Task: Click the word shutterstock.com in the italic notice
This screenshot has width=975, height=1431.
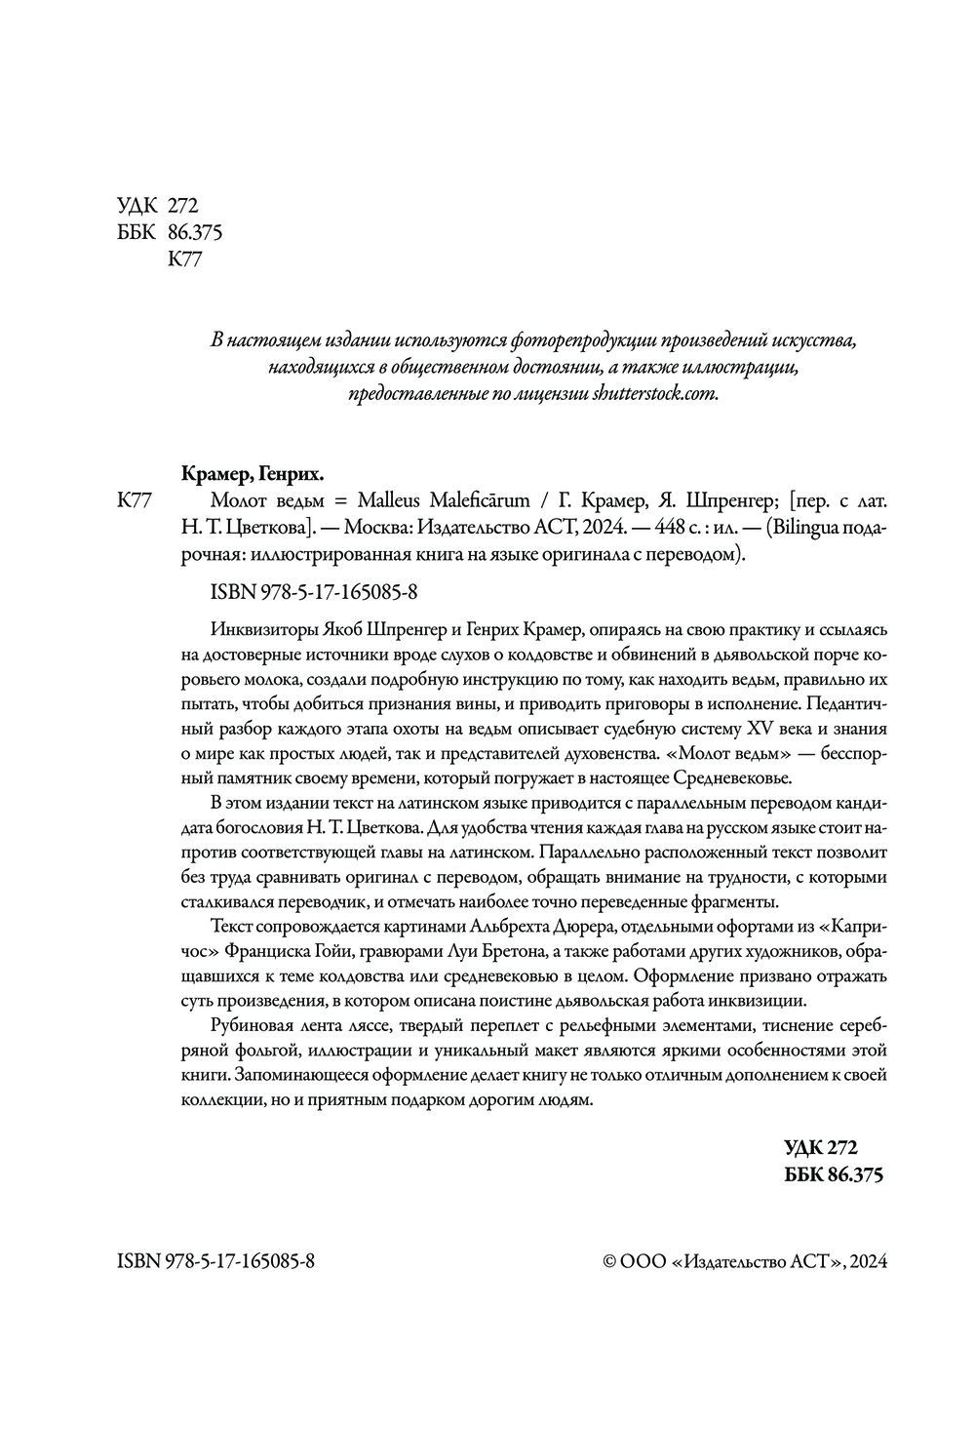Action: (654, 395)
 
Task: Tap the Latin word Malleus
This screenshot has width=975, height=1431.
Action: (390, 502)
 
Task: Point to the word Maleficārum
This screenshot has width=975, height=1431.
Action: (479, 502)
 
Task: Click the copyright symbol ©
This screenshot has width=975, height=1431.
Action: (611, 1260)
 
